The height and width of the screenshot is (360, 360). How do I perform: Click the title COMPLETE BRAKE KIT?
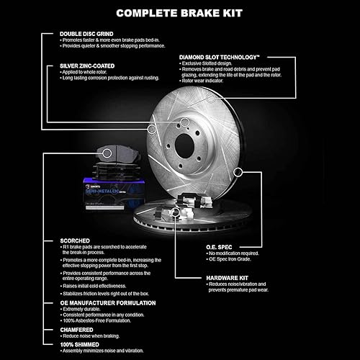179,12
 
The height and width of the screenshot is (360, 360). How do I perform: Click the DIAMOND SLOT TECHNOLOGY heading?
228,56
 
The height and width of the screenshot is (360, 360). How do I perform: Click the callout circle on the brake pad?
106,153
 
